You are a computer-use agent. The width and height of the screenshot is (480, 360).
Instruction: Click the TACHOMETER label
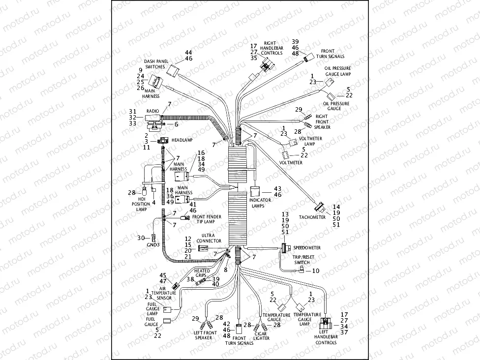click(x=312, y=217)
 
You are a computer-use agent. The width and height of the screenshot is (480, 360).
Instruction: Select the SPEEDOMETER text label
click(x=307, y=248)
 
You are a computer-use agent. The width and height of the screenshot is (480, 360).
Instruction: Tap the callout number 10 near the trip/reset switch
click(x=316, y=271)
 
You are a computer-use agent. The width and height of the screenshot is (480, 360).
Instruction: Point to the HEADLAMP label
click(x=182, y=140)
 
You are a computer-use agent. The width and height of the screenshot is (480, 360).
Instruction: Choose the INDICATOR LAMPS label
click(x=257, y=203)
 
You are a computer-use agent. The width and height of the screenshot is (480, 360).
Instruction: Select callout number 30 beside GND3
click(x=141, y=238)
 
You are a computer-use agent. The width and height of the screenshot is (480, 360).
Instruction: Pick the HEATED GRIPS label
click(x=202, y=273)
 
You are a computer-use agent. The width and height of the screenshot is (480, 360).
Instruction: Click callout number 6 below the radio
click(x=176, y=124)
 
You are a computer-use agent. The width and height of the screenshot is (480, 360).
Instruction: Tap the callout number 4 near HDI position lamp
click(x=153, y=202)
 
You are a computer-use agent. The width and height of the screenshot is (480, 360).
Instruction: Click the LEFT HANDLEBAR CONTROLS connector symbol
click(x=326, y=323)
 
